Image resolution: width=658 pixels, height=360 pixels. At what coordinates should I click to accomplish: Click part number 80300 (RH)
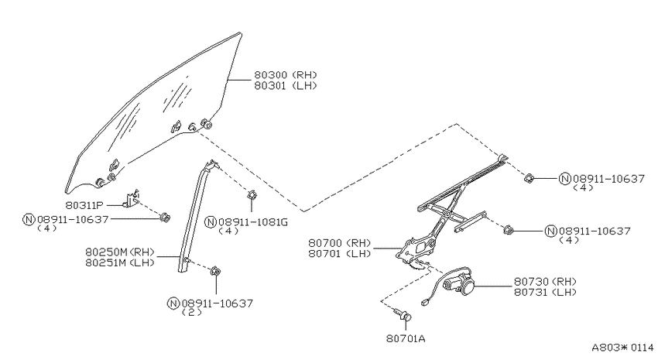point(286,74)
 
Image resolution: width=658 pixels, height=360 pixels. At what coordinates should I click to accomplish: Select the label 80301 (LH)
point(286,86)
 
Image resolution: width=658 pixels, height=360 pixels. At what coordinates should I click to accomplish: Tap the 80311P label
point(84,206)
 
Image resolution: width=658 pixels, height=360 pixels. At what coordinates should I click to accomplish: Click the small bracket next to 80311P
point(132,199)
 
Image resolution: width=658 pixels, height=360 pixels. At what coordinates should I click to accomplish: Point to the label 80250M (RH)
point(120,252)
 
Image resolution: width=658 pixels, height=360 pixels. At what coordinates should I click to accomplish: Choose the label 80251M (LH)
point(120,262)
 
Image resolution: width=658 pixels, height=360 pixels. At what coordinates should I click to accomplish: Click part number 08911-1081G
point(253,222)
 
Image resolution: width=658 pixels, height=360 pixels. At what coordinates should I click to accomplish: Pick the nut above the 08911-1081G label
point(252,195)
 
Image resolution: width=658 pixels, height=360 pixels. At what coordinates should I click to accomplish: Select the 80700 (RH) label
point(340,243)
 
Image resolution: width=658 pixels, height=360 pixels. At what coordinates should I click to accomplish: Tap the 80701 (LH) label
point(340,253)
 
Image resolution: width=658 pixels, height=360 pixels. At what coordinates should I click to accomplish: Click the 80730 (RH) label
point(545,282)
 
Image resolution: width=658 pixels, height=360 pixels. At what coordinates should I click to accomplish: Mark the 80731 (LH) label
point(545,292)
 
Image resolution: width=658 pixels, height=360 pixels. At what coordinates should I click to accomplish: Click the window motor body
point(459,283)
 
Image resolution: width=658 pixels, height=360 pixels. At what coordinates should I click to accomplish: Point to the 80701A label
point(406,338)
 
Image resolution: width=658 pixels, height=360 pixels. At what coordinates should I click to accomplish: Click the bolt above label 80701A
point(403,316)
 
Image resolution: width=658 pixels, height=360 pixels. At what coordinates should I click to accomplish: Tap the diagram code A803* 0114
point(622,348)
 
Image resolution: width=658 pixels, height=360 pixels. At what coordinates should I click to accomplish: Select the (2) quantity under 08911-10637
point(192,312)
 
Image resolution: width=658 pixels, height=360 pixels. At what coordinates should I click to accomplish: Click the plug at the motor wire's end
point(425,301)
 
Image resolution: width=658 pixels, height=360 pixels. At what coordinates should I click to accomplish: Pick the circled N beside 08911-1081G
point(211,222)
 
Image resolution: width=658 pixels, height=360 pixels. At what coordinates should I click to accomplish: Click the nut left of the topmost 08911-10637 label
point(529,178)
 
